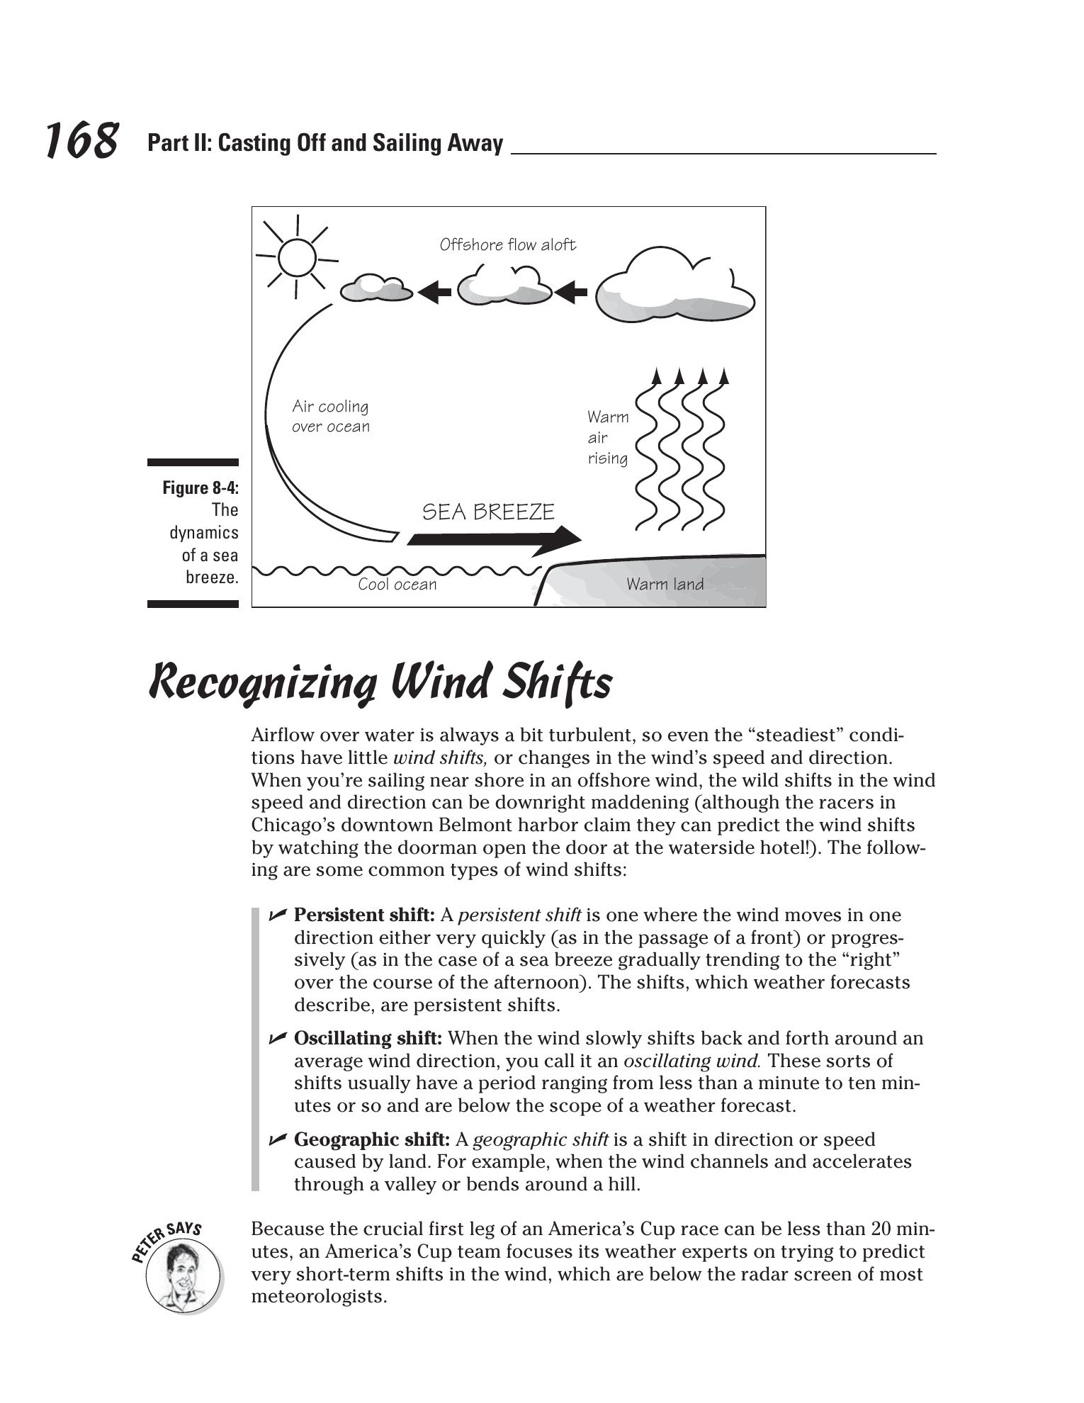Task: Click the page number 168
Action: pyautogui.click(x=81, y=140)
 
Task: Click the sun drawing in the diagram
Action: pyautogui.click(x=297, y=256)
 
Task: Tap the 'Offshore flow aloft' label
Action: pyautogui.click(x=507, y=244)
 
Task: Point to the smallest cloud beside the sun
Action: pyautogui.click(x=376, y=288)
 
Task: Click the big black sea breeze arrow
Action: pyautogui.click(x=495, y=540)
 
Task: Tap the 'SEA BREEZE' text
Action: pyautogui.click(x=488, y=512)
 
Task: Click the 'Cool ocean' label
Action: pyautogui.click(x=397, y=584)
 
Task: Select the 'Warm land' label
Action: pyautogui.click(x=665, y=584)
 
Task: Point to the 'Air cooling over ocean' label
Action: pyautogui.click(x=331, y=416)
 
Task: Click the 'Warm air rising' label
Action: pyautogui.click(x=607, y=437)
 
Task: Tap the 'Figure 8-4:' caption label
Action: pyautogui.click(x=201, y=488)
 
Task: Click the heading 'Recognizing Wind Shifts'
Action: pyautogui.click(x=380, y=682)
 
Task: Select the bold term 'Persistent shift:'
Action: pyautogui.click(x=364, y=915)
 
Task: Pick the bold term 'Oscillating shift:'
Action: pyautogui.click(x=368, y=1038)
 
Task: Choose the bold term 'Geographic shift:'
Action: pyautogui.click(x=371, y=1139)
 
